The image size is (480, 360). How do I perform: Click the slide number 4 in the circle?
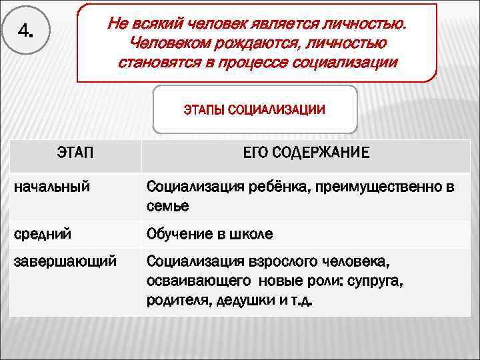pos(25,31)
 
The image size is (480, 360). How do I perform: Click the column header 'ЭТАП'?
pos(75,153)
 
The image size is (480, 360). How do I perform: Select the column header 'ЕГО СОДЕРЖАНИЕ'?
pos(305,153)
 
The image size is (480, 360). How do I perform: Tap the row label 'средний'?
pos(43,235)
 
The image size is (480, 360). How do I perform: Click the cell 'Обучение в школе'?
pos(209,235)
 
